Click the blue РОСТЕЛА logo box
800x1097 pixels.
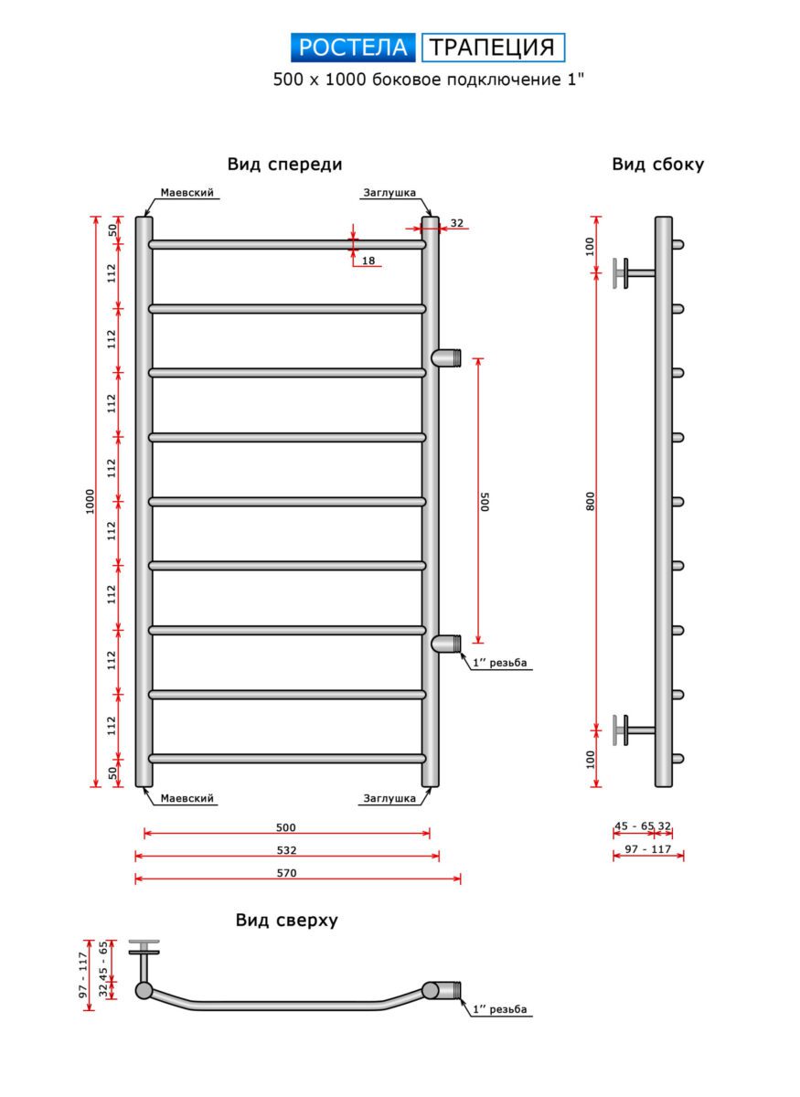pyautogui.click(x=353, y=48)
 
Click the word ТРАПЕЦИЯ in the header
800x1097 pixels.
pyautogui.click(x=493, y=48)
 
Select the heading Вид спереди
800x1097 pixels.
pyautogui.click(x=284, y=165)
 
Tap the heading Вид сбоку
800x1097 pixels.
pyautogui.click(x=657, y=165)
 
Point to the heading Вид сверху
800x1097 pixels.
pyautogui.click(x=286, y=921)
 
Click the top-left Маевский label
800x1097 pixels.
pyautogui.click(x=187, y=194)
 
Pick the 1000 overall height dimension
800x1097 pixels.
pyautogui.click(x=90, y=501)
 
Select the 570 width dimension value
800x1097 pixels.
pyautogui.click(x=287, y=873)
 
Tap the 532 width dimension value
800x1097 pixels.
pyautogui.click(x=287, y=850)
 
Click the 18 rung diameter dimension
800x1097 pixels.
pyautogui.click(x=368, y=261)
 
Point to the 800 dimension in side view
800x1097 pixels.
pyautogui.click(x=591, y=501)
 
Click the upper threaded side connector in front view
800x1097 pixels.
pyautogui.click(x=447, y=357)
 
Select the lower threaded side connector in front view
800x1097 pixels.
pyautogui.click(x=447, y=644)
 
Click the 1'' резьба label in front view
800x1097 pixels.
pyautogui.click(x=501, y=664)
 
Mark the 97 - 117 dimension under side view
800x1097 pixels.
pyautogui.click(x=647, y=849)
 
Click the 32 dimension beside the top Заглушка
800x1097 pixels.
pyautogui.click(x=457, y=223)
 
